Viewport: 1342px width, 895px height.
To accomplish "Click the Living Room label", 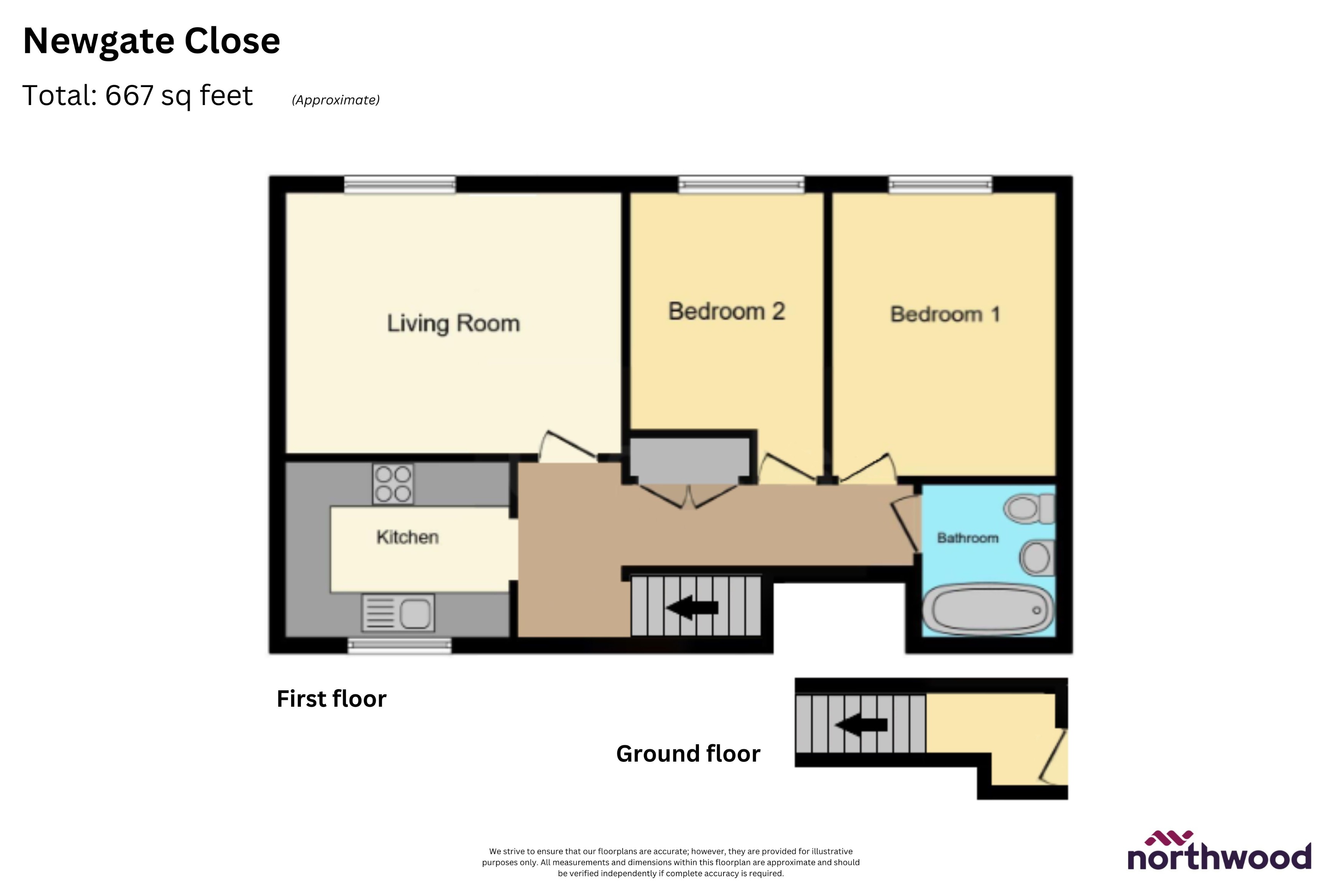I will tap(454, 323).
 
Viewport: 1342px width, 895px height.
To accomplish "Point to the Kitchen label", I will tap(407, 537).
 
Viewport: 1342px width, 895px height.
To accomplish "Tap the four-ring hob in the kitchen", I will tap(393, 484).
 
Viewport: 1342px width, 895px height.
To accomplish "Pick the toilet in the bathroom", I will tap(1028, 508).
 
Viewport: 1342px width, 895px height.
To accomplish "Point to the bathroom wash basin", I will tap(1036, 557).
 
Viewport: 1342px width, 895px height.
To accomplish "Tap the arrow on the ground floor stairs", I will tap(861, 725).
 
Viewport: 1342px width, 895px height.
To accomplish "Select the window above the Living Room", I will tap(400, 184).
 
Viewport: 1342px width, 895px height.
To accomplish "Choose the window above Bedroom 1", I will tap(940, 184).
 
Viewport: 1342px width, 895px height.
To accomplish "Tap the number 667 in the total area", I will tap(130, 95).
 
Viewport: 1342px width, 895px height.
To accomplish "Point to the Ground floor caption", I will tap(688, 754).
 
